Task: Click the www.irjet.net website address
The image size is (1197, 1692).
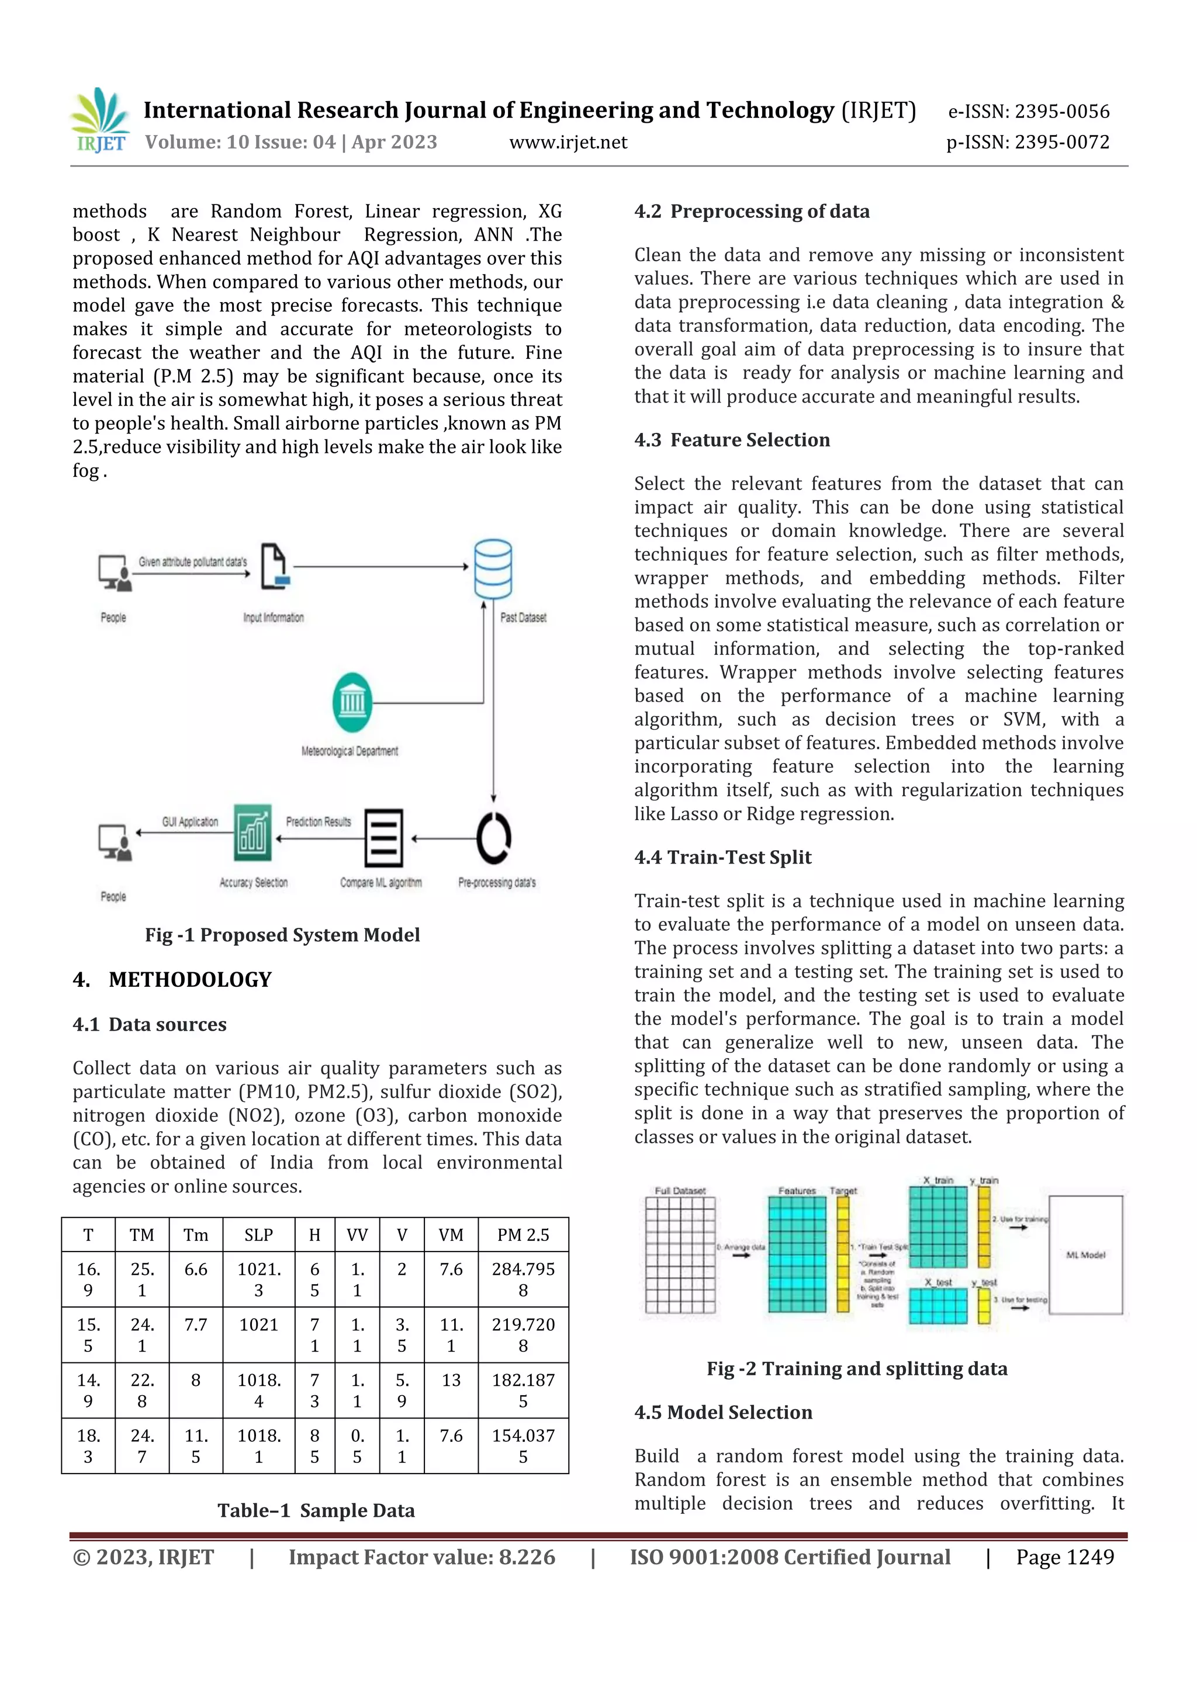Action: click(x=568, y=142)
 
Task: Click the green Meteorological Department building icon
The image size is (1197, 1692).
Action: click(x=352, y=702)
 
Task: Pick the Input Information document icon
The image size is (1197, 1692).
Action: click(x=275, y=567)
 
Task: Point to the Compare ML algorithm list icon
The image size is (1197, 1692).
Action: click(x=384, y=838)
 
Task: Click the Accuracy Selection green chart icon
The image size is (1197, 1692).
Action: click(x=252, y=833)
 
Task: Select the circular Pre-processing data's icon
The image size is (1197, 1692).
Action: click(x=493, y=838)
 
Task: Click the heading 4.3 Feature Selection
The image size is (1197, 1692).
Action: click(x=731, y=440)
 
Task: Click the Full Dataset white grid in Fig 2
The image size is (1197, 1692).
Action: click(x=680, y=1254)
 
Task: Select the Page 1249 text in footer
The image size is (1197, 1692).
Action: click(x=1064, y=1556)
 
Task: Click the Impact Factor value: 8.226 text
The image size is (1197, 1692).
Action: click(x=421, y=1556)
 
